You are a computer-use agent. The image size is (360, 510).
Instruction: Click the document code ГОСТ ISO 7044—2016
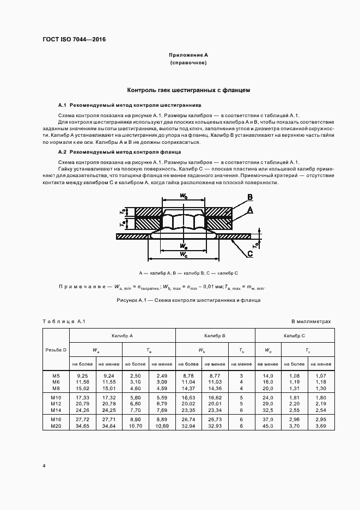point(74,40)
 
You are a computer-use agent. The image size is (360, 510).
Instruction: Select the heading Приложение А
point(188,56)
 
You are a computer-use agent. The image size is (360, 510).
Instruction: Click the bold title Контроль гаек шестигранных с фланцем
point(188,90)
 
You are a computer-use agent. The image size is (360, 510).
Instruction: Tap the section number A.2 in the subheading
point(62,151)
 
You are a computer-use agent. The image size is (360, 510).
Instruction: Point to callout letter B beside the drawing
point(250,197)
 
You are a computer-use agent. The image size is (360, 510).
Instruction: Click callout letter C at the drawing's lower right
point(249,253)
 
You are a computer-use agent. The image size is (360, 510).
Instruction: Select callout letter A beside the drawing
point(250,210)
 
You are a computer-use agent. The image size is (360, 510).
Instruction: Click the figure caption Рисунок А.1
point(188,300)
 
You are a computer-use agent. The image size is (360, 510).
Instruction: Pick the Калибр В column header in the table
point(215,336)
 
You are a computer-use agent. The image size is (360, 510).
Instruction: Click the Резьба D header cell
point(56,349)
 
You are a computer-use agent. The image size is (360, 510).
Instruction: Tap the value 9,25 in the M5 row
point(82,376)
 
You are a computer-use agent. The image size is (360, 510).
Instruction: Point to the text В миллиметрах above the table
point(311,322)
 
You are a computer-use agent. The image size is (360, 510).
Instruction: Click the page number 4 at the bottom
point(44,466)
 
